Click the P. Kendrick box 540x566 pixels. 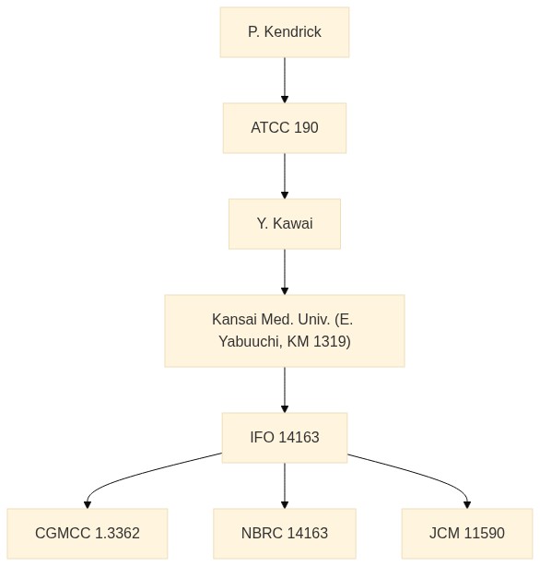[x=285, y=32]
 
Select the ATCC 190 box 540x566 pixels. [x=285, y=128]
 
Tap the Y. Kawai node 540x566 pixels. [x=285, y=224]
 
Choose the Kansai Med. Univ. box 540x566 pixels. [x=285, y=331]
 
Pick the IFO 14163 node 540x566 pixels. [x=285, y=438]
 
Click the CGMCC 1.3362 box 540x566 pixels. [x=88, y=534]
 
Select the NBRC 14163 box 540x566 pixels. [x=285, y=534]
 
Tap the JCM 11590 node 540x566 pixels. [x=467, y=534]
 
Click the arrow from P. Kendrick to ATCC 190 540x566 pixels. [x=285, y=80]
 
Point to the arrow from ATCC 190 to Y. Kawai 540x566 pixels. [x=285, y=176]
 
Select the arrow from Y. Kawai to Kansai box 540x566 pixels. [x=285, y=272]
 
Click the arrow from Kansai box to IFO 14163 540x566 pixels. [x=285, y=390]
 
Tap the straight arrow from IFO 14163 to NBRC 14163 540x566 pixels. [x=285, y=486]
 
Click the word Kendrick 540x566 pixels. [x=292, y=31]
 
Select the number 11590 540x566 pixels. [x=484, y=533]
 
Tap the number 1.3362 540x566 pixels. [x=117, y=533]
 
